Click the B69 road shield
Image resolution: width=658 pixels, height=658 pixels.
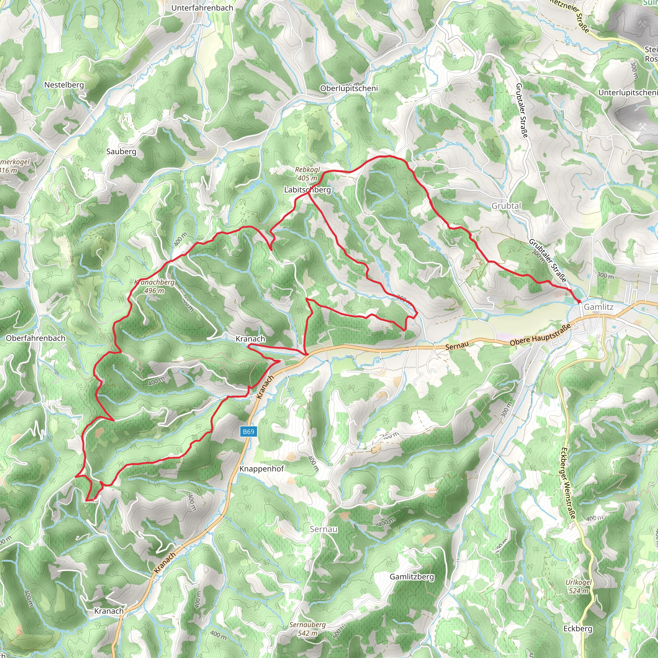point(248,432)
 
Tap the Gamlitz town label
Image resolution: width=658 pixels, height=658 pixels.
point(598,307)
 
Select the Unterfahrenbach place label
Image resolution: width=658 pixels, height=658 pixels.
point(202,8)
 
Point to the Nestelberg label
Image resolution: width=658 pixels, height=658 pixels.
point(64,85)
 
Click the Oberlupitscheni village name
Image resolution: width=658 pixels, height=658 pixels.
point(349,89)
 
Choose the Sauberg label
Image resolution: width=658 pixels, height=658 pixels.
point(121,152)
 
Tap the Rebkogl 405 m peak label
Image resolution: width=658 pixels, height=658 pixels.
point(307,174)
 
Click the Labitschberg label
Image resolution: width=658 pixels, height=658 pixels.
point(307,190)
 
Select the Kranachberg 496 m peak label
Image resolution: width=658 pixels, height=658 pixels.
point(154,286)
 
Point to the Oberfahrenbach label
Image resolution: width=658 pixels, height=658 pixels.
point(36,338)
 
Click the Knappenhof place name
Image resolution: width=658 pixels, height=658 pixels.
point(261,469)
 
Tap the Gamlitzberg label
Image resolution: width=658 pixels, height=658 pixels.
point(412,577)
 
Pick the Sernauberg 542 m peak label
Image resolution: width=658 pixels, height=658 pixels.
point(307,629)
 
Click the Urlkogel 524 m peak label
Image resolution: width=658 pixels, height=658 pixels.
point(579,586)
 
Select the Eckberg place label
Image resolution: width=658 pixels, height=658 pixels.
point(578,629)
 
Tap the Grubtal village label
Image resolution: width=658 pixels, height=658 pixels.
point(506,206)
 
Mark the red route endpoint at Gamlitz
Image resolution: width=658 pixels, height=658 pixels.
point(579,302)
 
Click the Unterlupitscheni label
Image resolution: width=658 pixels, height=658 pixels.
point(628,93)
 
